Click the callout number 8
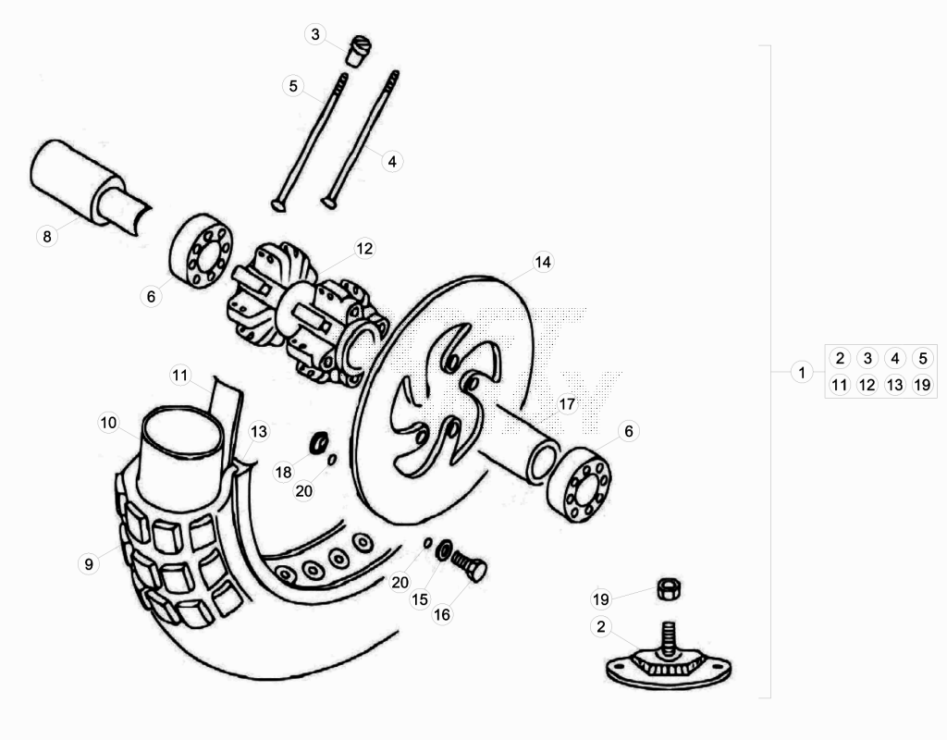click(47, 236)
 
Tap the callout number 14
click(542, 262)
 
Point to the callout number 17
click(567, 403)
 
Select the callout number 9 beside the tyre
click(89, 563)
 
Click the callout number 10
click(108, 422)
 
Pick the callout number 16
click(442, 614)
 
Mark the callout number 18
click(283, 472)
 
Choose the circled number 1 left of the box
click(802, 372)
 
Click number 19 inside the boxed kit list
click(922, 385)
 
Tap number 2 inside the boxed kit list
click(840, 358)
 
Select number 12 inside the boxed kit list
click(867, 385)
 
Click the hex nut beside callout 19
click(669, 588)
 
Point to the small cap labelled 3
click(358, 52)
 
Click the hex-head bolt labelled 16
click(469, 566)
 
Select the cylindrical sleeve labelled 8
click(91, 184)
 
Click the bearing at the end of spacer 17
click(579, 485)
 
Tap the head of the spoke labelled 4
click(328, 203)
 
